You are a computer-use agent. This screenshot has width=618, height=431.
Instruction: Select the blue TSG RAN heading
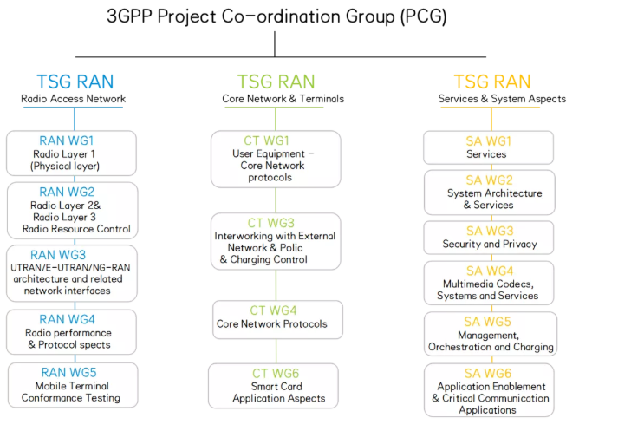pyautogui.click(x=75, y=82)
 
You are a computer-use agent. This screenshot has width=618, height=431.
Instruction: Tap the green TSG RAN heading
pyautogui.click(x=276, y=82)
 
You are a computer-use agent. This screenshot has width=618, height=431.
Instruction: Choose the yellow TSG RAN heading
pyautogui.click(x=491, y=82)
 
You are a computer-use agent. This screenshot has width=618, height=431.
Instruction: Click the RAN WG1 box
pyautogui.click(x=72, y=153)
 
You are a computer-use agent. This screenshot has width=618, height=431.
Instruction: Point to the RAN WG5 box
pyautogui.click(x=73, y=385)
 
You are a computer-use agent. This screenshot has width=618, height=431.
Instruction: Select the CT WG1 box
pyautogui.click(x=276, y=159)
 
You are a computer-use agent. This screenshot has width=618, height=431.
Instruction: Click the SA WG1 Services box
pyautogui.click(x=488, y=147)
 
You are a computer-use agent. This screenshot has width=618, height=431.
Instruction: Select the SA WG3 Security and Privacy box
pyautogui.click(x=489, y=238)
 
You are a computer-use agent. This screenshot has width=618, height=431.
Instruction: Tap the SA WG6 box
pyautogui.click(x=489, y=390)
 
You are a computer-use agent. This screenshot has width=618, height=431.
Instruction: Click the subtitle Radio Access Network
pyautogui.click(x=74, y=99)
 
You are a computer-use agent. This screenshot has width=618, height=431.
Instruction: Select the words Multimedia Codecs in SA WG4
pyautogui.click(x=490, y=284)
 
